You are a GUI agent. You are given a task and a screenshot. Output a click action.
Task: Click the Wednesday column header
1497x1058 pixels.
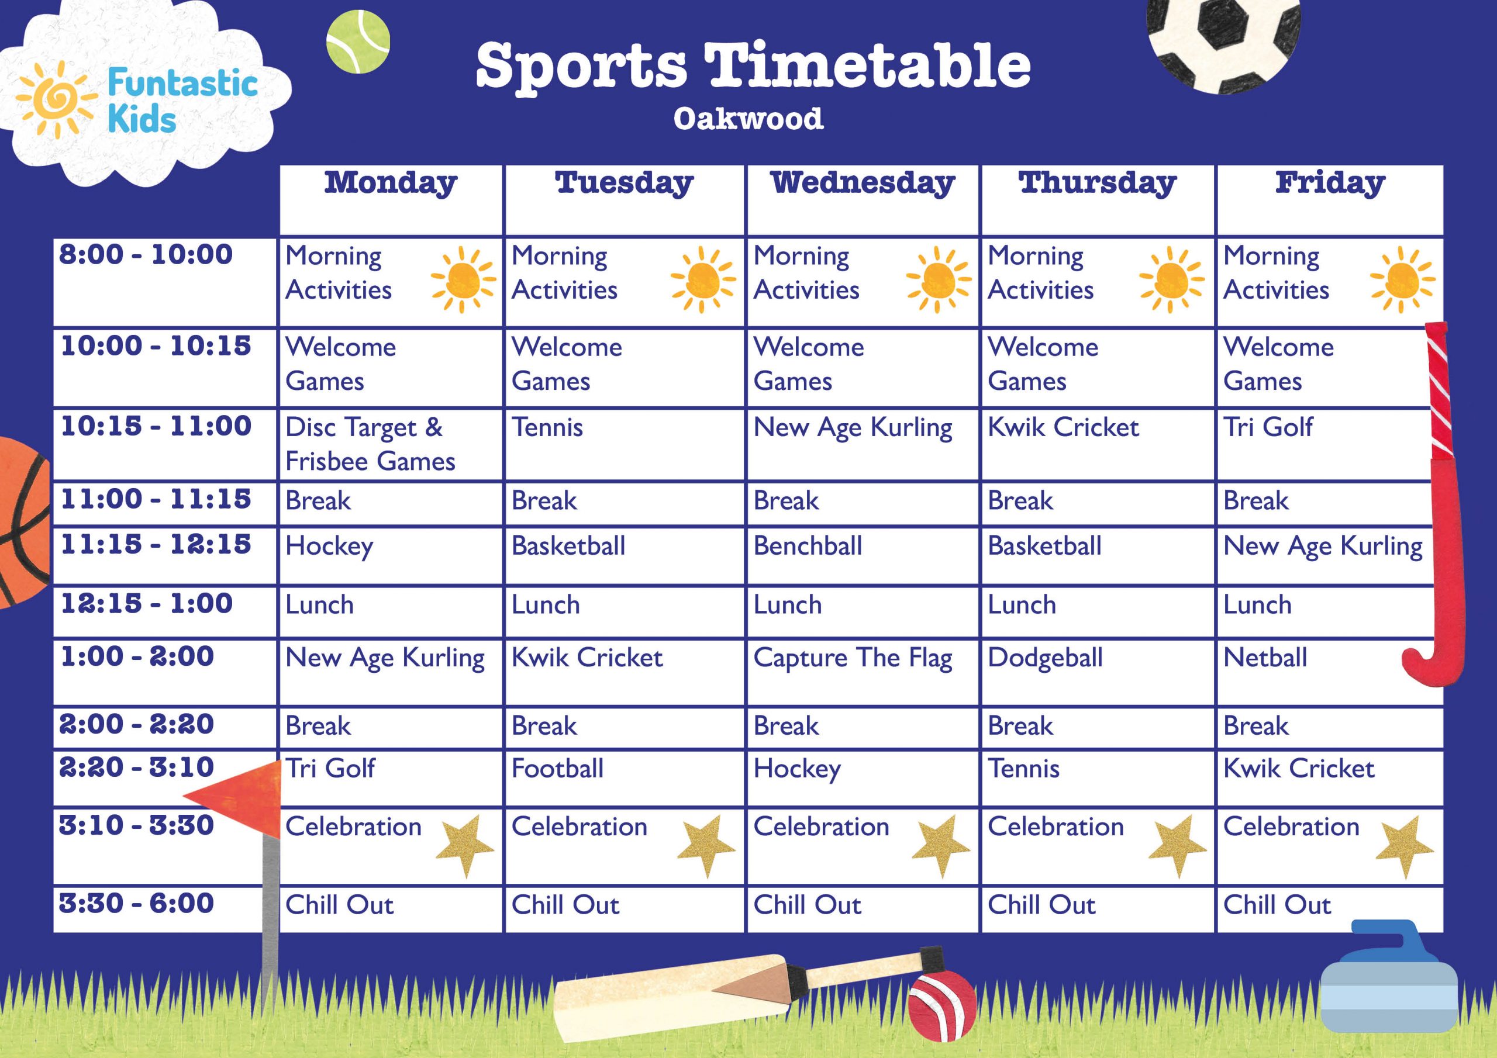pyautogui.click(x=862, y=183)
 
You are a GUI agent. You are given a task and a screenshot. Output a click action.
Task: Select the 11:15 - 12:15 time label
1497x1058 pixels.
pyautogui.click(x=155, y=545)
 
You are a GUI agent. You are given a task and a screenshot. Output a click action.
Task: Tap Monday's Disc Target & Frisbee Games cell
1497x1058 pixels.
pyautogui.click(x=370, y=445)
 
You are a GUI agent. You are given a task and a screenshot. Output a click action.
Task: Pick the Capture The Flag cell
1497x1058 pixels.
pyautogui.click(x=852, y=658)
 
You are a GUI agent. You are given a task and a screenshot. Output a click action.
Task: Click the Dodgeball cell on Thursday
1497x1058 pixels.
pyautogui.click(x=1044, y=658)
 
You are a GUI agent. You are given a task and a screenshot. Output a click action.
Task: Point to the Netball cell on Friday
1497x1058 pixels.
pyautogui.click(x=1265, y=658)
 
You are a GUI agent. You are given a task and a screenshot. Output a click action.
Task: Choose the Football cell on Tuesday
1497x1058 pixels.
pyautogui.click(x=557, y=769)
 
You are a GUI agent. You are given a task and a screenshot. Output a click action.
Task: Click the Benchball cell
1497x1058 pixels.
pyautogui.click(x=807, y=547)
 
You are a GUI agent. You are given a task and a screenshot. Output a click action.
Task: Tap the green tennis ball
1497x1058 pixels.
pyautogui.click(x=358, y=42)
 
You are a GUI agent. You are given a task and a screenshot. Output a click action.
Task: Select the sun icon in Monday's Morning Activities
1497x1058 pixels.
pyautogui.click(x=463, y=281)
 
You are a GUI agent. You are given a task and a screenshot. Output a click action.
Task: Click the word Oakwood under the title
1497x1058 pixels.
pyautogui.click(x=748, y=119)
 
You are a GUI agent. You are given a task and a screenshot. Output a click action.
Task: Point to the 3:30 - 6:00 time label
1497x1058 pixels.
pyautogui.click(x=136, y=904)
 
